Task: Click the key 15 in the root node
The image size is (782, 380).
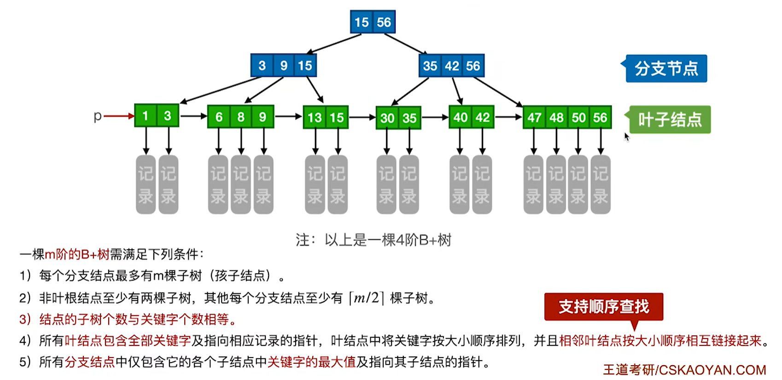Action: click(x=362, y=22)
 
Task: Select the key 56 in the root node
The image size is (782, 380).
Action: click(x=384, y=22)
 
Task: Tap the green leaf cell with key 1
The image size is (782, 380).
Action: click(x=146, y=116)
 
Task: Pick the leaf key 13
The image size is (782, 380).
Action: click(x=315, y=118)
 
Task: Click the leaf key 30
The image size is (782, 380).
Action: click(x=387, y=118)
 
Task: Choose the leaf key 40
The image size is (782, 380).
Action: click(x=460, y=117)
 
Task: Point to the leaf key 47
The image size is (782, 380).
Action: click(x=534, y=118)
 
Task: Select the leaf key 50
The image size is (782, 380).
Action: click(x=578, y=118)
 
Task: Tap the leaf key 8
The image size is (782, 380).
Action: click(x=241, y=117)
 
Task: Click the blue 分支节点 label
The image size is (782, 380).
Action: click(x=666, y=69)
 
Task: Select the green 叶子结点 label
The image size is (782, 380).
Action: click(x=670, y=120)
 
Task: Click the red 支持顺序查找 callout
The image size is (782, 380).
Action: click(x=603, y=307)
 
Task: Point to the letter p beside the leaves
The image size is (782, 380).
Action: click(x=97, y=116)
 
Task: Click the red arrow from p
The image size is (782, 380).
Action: click(x=119, y=116)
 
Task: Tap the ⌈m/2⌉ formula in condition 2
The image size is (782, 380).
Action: click(x=366, y=298)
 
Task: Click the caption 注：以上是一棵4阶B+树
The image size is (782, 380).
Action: click(x=373, y=240)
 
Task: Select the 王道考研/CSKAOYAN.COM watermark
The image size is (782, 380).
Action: click(x=684, y=369)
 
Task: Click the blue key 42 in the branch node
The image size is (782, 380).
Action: click(x=451, y=66)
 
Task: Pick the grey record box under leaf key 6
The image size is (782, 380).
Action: click(x=218, y=185)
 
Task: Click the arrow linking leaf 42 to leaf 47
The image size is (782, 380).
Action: click(x=508, y=117)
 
